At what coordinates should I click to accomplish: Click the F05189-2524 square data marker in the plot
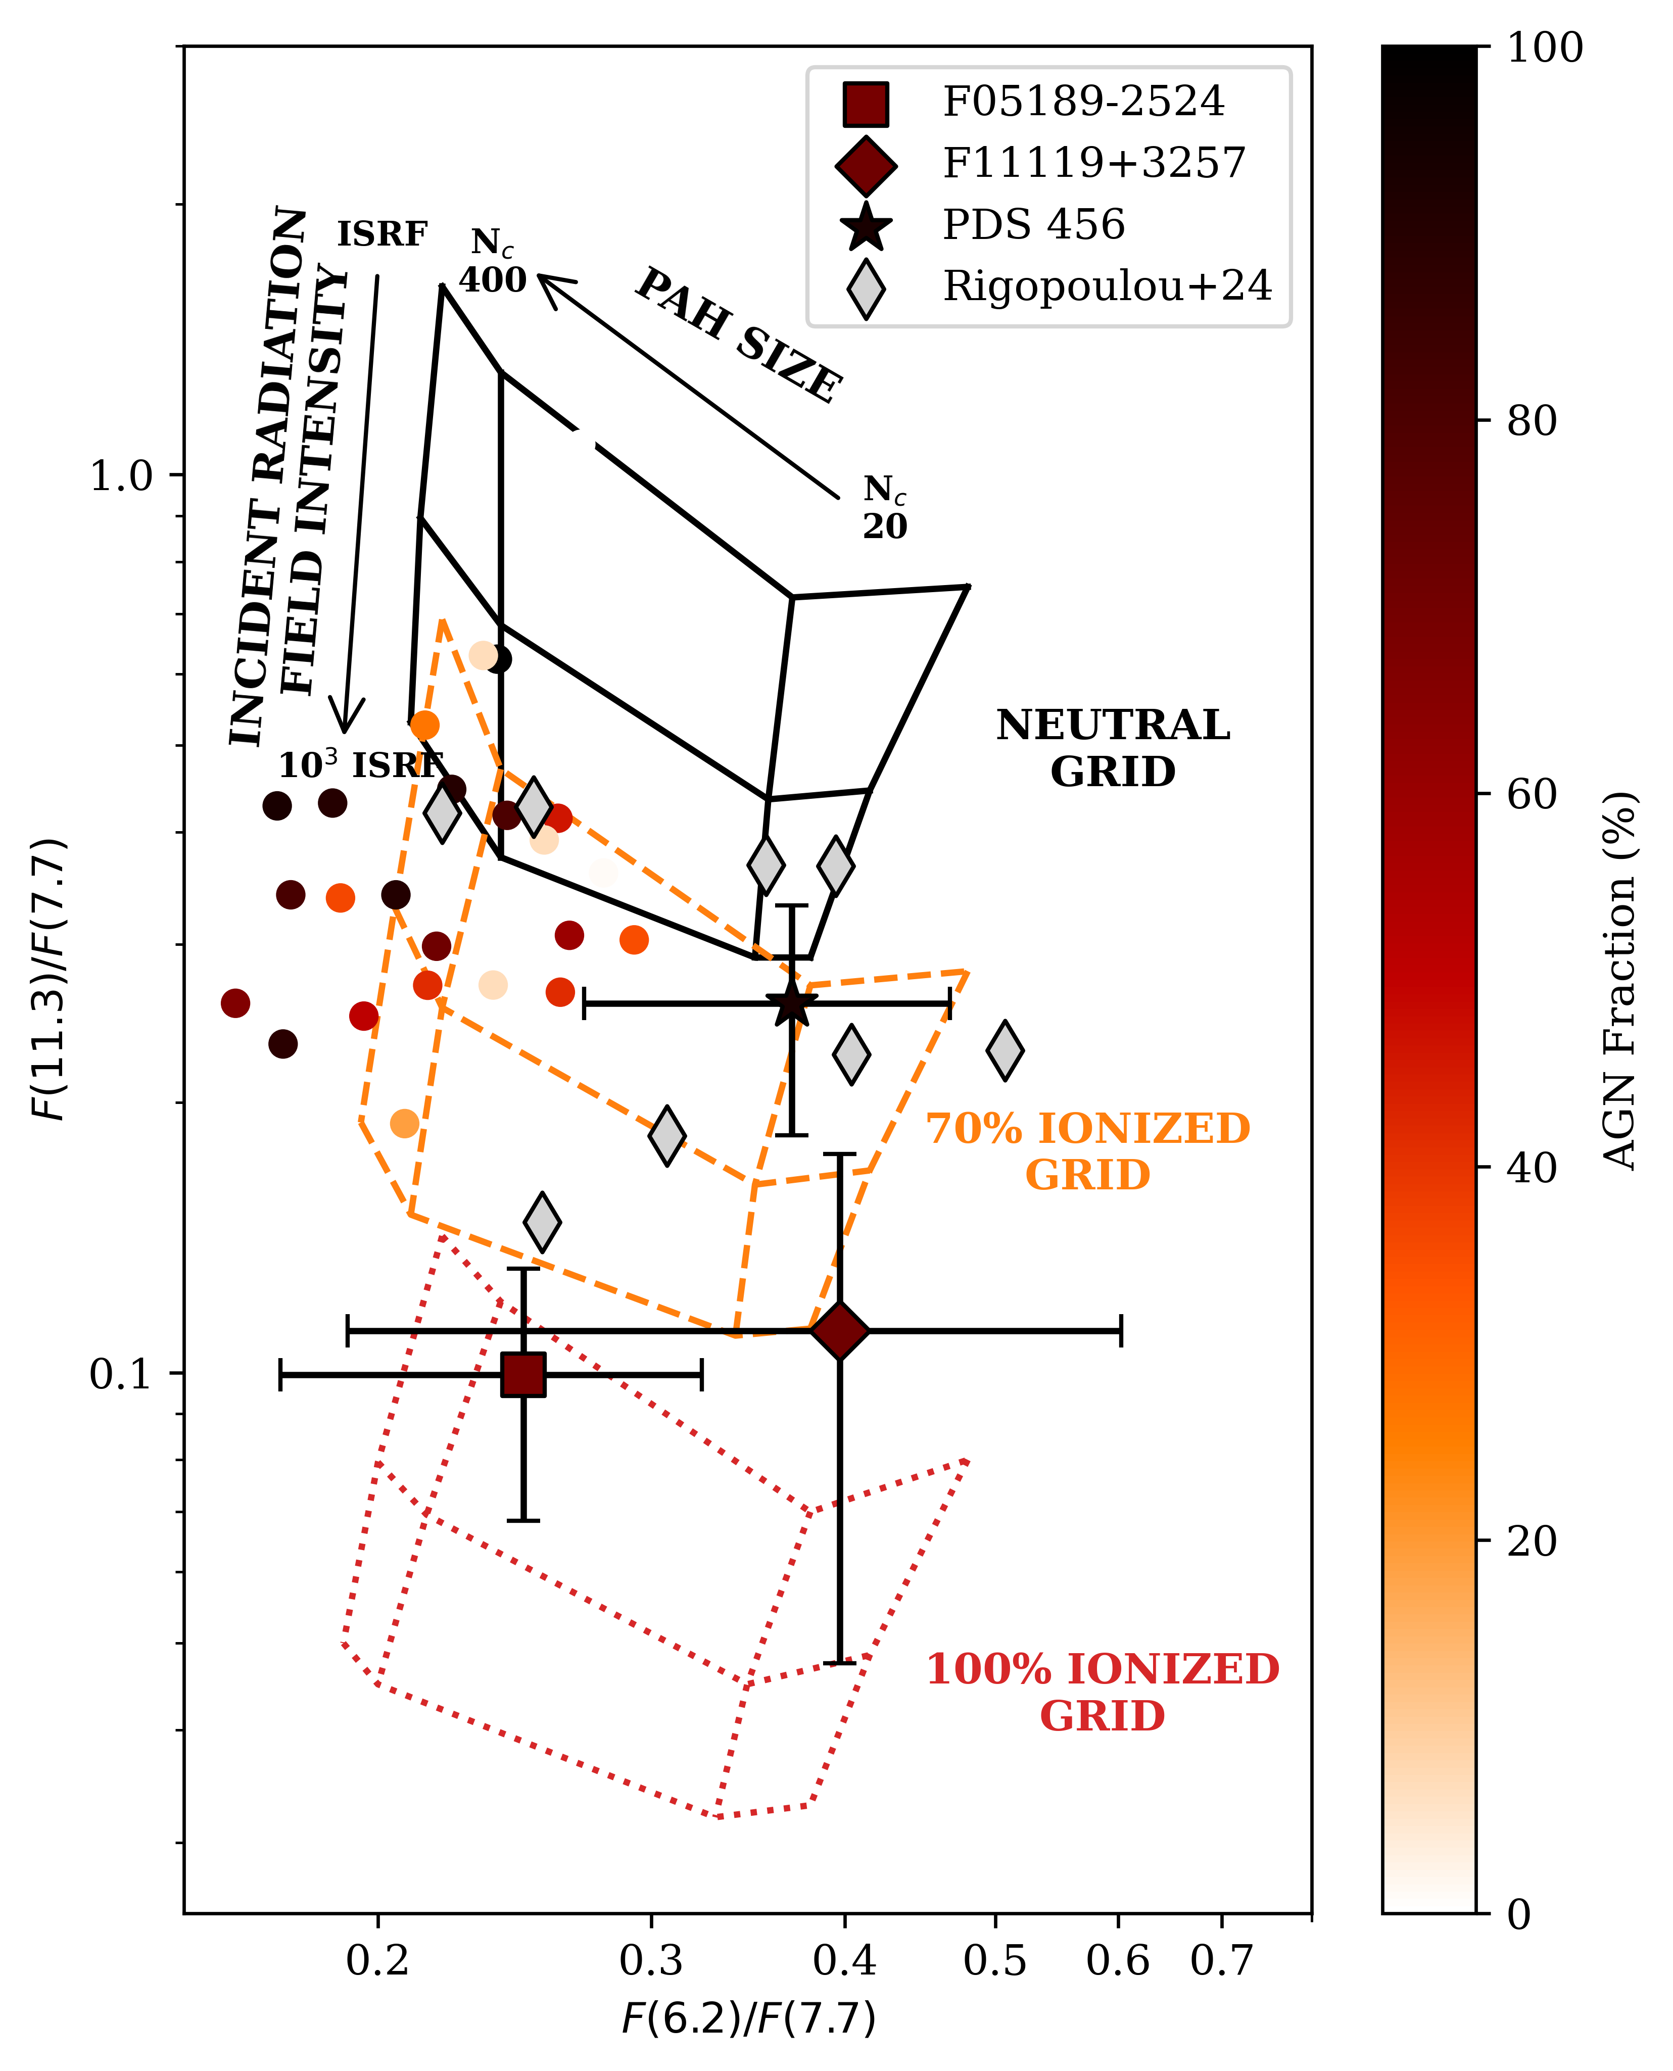pos(523,1374)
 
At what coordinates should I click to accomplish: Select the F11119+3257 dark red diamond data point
pos(840,1331)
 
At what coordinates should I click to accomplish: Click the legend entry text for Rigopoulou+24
pos(1107,286)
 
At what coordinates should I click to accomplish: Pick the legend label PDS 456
pos(1033,224)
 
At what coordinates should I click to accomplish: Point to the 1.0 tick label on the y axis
pos(121,476)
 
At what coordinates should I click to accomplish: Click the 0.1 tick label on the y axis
pos(121,1374)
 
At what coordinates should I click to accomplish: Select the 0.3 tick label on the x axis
pos(651,1961)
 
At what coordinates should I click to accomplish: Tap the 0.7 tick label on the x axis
pos(1222,1961)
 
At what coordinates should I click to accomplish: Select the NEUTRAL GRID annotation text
pos(1113,749)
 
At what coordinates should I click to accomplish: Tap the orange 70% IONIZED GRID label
pos(1088,1151)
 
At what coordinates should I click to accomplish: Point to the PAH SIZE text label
pos(739,335)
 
